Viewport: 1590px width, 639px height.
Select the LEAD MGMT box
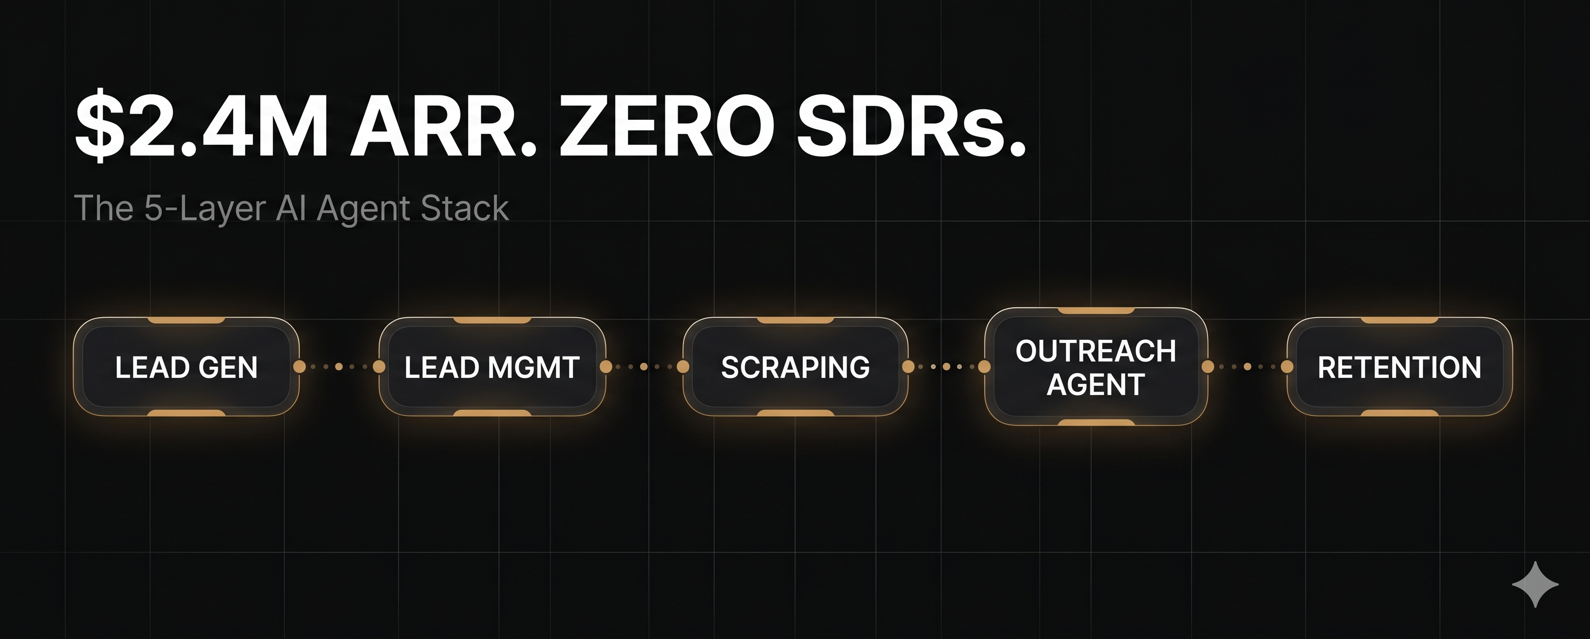tap(492, 367)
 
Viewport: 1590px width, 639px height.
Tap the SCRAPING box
tap(795, 367)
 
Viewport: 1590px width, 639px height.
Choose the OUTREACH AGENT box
tap(1096, 367)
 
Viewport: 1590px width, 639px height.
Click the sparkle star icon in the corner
tap(1535, 584)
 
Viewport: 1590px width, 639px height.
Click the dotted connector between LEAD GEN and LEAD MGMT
tap(340, 367)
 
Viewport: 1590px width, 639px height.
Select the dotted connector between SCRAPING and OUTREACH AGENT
tap(946, 367)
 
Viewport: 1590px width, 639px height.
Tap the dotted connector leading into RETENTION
tap(1248, 367)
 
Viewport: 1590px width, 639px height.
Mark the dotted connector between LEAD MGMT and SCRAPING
tap(644, 367)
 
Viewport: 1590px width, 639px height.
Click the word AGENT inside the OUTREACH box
tap(1096, 384)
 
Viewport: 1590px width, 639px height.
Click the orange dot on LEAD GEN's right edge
tap(300, 367)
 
